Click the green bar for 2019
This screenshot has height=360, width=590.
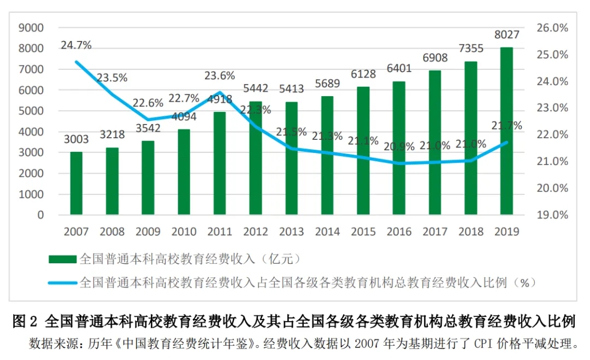506,131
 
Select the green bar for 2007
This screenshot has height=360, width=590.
76,183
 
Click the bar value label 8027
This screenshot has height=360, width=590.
507,35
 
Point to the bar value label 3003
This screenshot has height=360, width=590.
76,139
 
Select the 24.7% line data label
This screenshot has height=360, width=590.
76,45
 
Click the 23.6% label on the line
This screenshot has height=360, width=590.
220,76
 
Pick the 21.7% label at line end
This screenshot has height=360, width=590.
506,126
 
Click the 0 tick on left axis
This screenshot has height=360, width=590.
40,215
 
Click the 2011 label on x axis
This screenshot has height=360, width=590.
220,232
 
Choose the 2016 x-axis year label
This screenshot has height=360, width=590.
399,232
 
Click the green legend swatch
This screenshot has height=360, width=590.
62,258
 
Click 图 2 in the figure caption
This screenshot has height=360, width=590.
26,321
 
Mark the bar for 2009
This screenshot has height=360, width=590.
147,178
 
